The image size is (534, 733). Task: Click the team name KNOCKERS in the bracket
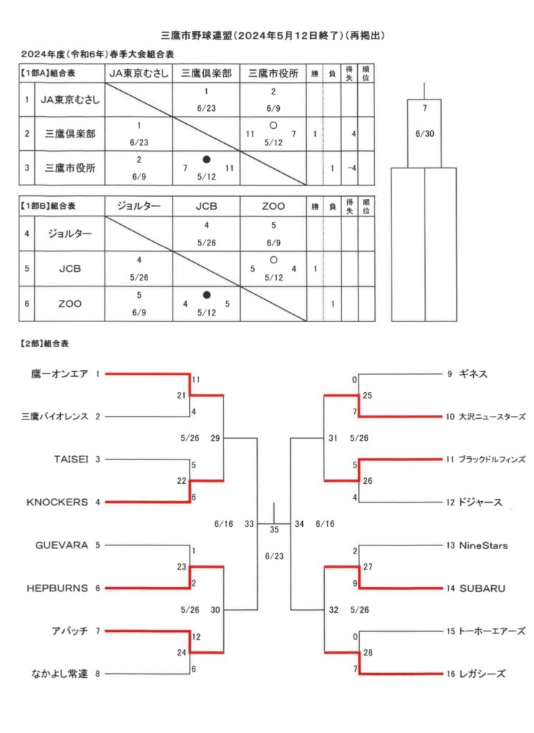[57, 502]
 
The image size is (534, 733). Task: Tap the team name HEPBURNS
[57, 588]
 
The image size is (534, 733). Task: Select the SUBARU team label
[482, 588]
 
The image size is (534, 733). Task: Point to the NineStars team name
[483, 545]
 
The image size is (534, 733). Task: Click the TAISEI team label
[71, 459]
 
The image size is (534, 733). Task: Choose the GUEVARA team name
[62, 545]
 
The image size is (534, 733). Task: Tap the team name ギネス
[473, 374]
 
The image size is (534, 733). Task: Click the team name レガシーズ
[482, 674]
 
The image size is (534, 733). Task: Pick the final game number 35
[274, 530]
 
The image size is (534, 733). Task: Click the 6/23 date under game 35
[274, 556]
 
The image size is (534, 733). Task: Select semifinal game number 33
[249, 524]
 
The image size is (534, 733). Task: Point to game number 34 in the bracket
[299, 524]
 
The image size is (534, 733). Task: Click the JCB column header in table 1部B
[206, 206]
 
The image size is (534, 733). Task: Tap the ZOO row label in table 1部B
[69, 304]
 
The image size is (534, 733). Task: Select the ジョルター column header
[138, 206]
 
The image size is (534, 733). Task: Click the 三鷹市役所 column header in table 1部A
[273, 74]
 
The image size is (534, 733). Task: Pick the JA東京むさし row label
[69, 99]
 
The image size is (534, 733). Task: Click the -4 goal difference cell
[351, 168]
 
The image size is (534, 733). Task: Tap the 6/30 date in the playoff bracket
[424, 134]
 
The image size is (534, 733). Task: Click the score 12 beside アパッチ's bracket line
[196, 636]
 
